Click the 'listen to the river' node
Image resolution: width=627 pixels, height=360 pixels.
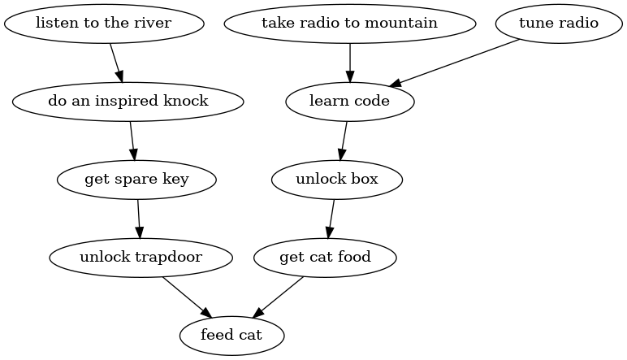(103, 23)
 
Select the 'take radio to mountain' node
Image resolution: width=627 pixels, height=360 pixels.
(349, 23)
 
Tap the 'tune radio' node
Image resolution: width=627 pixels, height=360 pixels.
(559, 23)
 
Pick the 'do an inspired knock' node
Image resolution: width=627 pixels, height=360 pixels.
(128, 102)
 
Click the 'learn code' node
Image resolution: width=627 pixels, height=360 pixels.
(349, 102)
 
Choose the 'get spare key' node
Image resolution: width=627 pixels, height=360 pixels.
(136, 180)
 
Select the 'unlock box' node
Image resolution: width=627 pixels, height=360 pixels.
(337, 180)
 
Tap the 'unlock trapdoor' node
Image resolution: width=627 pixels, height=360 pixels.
(141, 258)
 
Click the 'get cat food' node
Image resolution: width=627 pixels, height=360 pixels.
(325, 258)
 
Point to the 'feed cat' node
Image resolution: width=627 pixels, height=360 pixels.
(231, 335)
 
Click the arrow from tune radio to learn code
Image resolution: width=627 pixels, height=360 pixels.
(456, 62)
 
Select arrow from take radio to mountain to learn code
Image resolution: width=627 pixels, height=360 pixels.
(349, 62)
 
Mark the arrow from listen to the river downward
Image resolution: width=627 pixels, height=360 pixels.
(116, 62)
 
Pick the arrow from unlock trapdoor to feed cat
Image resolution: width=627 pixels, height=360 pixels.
(187, 297)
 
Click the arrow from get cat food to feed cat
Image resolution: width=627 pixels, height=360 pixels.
(279, 297)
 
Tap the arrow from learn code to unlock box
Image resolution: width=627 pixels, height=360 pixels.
(344, 141)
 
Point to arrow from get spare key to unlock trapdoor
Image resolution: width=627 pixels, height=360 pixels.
(139, 219)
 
